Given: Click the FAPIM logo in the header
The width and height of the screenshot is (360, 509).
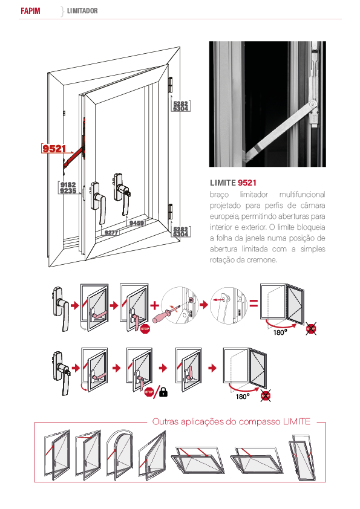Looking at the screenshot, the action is click(x=30, y=11).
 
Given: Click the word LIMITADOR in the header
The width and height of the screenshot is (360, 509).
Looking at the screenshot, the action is click(x=82, y=11).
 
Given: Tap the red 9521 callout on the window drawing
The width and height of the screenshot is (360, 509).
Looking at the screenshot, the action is click(x=54, y=148).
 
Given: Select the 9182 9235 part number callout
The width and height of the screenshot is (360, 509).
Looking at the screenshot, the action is click(x=68, y=188).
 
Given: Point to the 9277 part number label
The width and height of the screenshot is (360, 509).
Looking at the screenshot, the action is click(x=111, y=232).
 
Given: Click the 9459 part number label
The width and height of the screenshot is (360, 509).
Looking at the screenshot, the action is click(x=137, y=223).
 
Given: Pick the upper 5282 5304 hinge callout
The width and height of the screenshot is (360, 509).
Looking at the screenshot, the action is click(x=181, y=106).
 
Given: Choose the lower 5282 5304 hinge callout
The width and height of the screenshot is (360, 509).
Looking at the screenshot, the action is click(x=181, y=232).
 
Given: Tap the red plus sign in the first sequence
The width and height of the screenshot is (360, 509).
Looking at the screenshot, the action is click(x=155, y=305).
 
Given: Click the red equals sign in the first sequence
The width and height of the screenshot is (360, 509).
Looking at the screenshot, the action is click(x=254, y=304).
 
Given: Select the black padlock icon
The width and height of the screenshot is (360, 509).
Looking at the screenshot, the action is click(x=163, y=392).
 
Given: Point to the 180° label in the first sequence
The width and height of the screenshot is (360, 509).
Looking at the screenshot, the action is click(x=280, y=332).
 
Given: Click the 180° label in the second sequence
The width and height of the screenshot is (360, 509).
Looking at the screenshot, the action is click(x=243, y=397).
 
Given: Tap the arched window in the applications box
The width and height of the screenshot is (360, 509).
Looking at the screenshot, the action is click(x=119, y=455).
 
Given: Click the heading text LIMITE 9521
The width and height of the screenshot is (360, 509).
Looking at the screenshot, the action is click(x=233, y=183).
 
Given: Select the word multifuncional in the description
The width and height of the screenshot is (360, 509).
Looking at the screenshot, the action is click(x=302, y=195).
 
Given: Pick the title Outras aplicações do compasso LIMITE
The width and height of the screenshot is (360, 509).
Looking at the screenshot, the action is click(x=231, y=421).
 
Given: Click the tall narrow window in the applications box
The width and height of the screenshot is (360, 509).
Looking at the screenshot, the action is click(x=302, y=458).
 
